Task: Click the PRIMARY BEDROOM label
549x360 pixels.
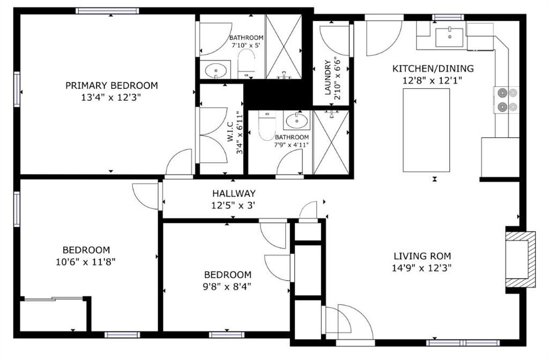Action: (112, 85)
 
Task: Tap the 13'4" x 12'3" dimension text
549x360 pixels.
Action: (111, 97)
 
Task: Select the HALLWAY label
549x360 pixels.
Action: (234, 193)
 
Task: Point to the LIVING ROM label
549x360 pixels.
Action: (422, 256)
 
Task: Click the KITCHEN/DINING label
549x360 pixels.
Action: (433, 69)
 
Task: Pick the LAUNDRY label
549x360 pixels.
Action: (328, 78)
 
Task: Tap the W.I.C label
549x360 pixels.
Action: (230, 132)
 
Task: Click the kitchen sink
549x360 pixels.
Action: (449, 37)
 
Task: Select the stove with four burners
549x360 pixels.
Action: (506, 100)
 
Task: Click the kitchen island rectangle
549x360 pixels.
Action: (426, 130)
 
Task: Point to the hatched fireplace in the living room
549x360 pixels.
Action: (520, 259)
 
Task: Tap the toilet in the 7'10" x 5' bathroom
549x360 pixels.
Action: (246, 64)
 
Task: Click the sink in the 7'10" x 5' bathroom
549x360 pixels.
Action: (216, 70)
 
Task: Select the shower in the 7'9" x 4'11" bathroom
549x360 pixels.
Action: (331, 142)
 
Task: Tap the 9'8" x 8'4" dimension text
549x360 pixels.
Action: (227, 287)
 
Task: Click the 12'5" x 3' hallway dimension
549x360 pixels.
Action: (233, 205)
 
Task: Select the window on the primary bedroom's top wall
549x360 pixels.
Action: (107, 11)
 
